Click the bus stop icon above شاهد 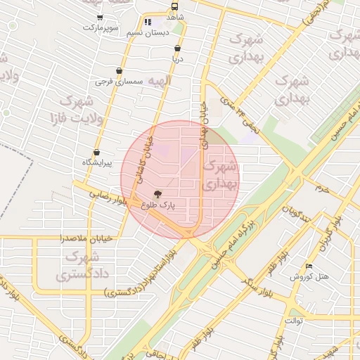pyautogui.click(x=174, y=6)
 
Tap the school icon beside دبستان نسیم pyautogui.click(x=148, y=22)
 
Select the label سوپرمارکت pyautogui.click(x=98, y=27)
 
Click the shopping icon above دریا pyautogui.click(x=176, y=49)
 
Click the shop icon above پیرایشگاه pyautogui.click(x=96, y=152)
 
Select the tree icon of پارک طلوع pyautogui.click(x=156, y=193)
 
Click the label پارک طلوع pyautogui.click(x=157, y=205)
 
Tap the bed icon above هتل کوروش pyautogui.click(x=309, y=266)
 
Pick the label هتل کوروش pyautogui.click(x=313, y=277)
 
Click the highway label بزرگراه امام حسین pyautogui.click(x=228, y=244)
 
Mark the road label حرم pyautogui.click(x=322, y=188)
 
